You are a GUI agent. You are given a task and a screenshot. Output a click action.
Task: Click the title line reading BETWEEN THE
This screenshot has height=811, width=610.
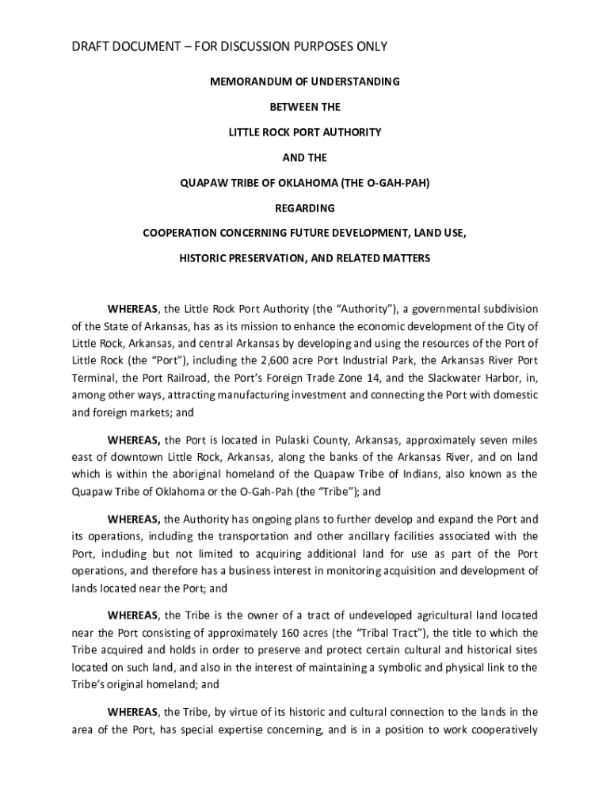point(305,106)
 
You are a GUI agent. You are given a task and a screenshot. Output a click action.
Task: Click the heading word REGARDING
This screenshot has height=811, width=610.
point(305,208)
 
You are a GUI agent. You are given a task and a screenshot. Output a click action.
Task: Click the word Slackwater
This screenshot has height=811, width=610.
point(450,378)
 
